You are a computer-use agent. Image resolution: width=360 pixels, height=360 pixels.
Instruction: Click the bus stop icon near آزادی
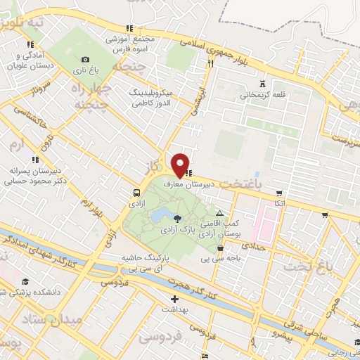click(136, 192)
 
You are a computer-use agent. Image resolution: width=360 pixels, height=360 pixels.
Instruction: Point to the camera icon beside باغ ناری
click(86, 60)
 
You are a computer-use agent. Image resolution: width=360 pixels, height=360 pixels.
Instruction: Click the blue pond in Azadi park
click(163, 213)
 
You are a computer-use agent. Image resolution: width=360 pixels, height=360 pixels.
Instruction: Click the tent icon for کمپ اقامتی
click(220, 213)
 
